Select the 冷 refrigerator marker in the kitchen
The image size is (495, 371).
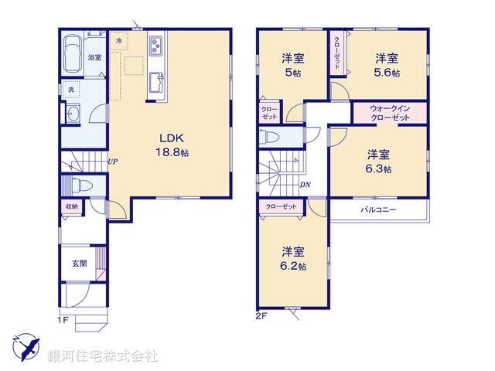119,39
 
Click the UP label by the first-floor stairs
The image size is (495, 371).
113,162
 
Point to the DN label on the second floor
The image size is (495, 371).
306,185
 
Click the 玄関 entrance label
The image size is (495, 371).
80,264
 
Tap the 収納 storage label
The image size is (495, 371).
71,206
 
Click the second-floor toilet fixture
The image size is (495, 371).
272,138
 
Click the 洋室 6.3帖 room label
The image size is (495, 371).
379,161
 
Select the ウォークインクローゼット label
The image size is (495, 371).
389,113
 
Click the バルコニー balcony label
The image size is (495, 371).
378,209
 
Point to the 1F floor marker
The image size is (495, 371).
63,318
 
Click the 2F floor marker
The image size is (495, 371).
261,316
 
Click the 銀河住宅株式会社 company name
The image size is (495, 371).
103,356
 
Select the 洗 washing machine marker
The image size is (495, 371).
71,90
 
